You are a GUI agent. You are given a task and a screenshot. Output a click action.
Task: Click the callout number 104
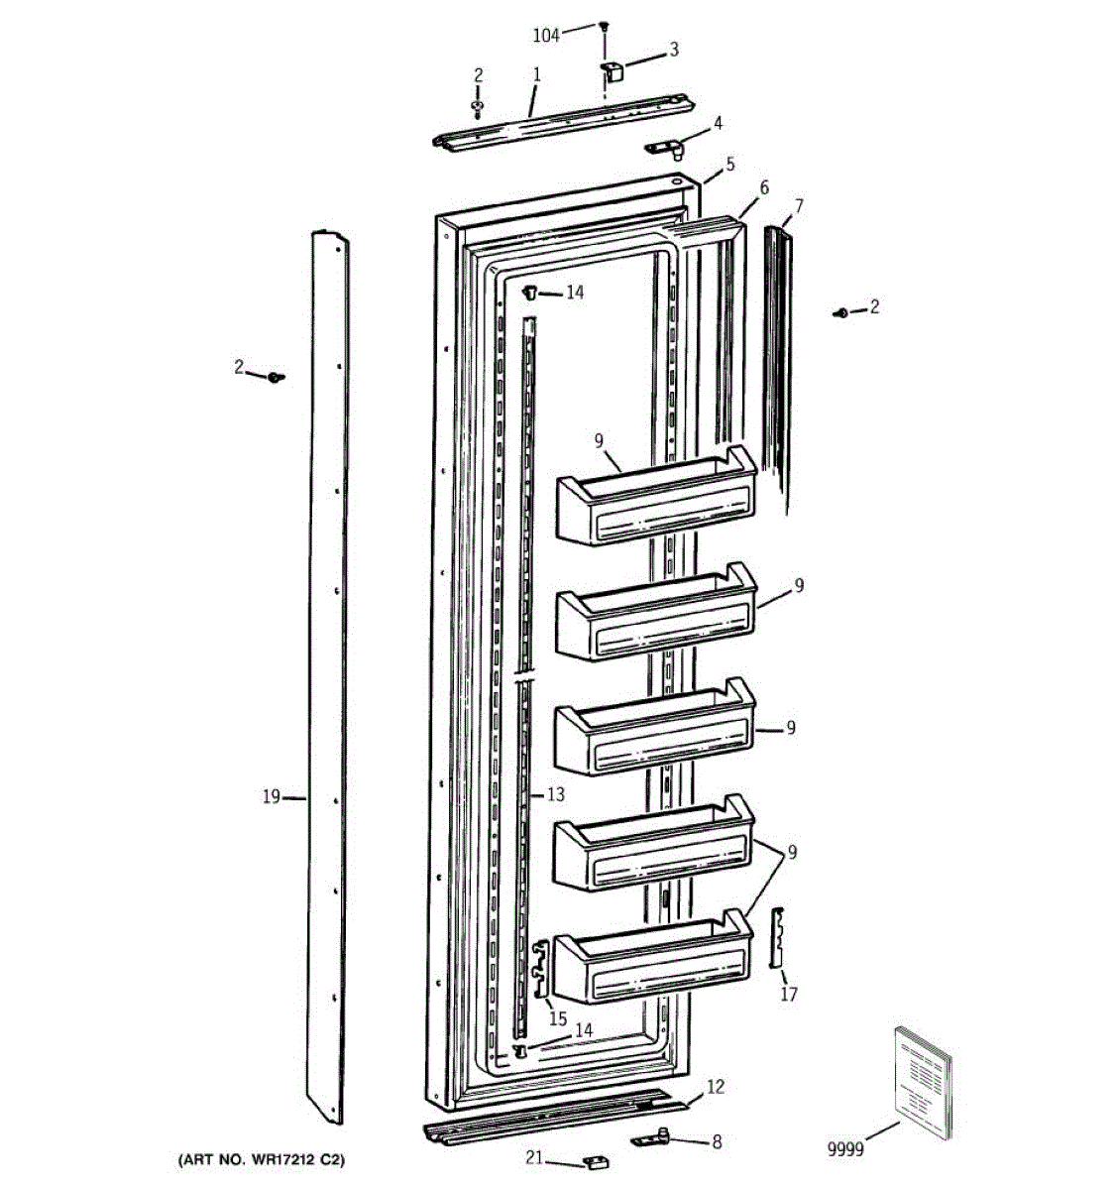[546, 36]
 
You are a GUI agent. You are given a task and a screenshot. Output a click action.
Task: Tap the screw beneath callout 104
[603, 26]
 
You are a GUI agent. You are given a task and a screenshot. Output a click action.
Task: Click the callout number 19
[271, 796]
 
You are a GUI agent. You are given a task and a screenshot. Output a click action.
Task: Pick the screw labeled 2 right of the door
[841, 312]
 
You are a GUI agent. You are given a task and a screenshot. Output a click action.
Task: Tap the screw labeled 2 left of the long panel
[276, 378]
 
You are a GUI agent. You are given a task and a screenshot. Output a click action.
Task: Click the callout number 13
[556, 794]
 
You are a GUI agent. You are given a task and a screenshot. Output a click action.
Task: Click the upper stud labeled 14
[529, 293]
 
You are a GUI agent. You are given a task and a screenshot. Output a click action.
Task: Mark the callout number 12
[716, 1086]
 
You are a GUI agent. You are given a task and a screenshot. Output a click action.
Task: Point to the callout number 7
[798, 205]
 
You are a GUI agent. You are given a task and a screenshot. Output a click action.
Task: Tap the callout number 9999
[845, 1149]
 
